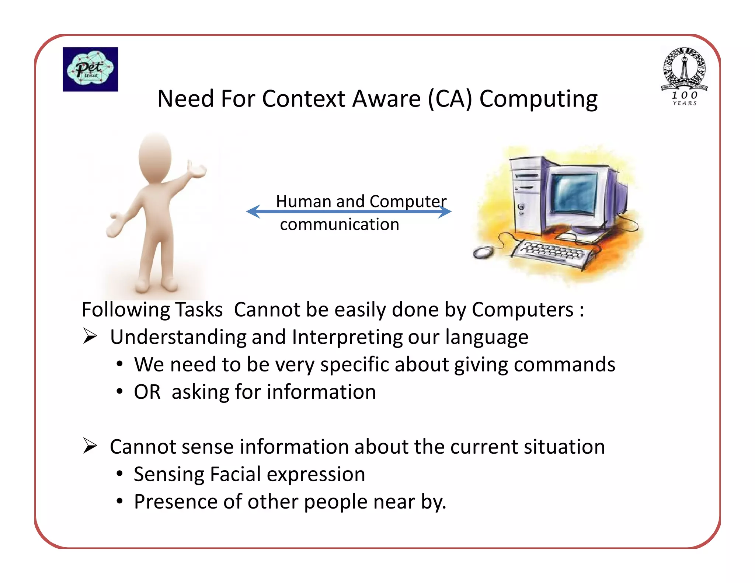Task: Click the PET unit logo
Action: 90,69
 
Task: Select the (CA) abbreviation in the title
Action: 450,99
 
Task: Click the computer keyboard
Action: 553,252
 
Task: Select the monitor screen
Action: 574,193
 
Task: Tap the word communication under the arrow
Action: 339,224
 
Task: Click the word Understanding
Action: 178,337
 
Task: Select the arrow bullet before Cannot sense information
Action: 90,446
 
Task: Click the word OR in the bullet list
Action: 147,392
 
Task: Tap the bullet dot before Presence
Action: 119,501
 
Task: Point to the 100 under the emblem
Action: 684,95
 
